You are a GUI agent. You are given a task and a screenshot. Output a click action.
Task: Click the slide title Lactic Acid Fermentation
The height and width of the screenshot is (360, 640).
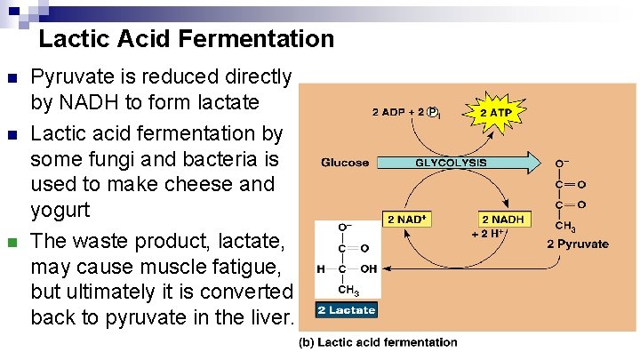click(187, 39)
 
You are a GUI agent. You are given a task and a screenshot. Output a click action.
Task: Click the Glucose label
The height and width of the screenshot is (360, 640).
click(345, 164)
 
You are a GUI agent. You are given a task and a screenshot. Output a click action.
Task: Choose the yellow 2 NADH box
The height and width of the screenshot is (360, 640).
click(503, 220)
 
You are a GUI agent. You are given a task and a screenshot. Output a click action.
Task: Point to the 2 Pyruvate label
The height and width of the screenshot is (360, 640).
click(578, 244)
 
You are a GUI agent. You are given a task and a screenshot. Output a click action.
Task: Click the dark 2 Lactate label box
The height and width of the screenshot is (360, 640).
click(347, 310)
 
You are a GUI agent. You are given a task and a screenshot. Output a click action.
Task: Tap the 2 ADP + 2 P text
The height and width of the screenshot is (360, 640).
click(404, 113)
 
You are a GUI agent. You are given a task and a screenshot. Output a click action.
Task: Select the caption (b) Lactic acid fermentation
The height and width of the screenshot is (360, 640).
click(387, 342)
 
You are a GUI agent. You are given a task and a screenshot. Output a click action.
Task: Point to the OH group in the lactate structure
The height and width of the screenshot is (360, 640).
click(367, 268)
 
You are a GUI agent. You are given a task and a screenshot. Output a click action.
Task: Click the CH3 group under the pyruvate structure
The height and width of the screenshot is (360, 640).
click(566, 228)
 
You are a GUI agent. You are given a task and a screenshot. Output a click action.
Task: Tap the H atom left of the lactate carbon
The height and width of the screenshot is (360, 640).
click(320, 269)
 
